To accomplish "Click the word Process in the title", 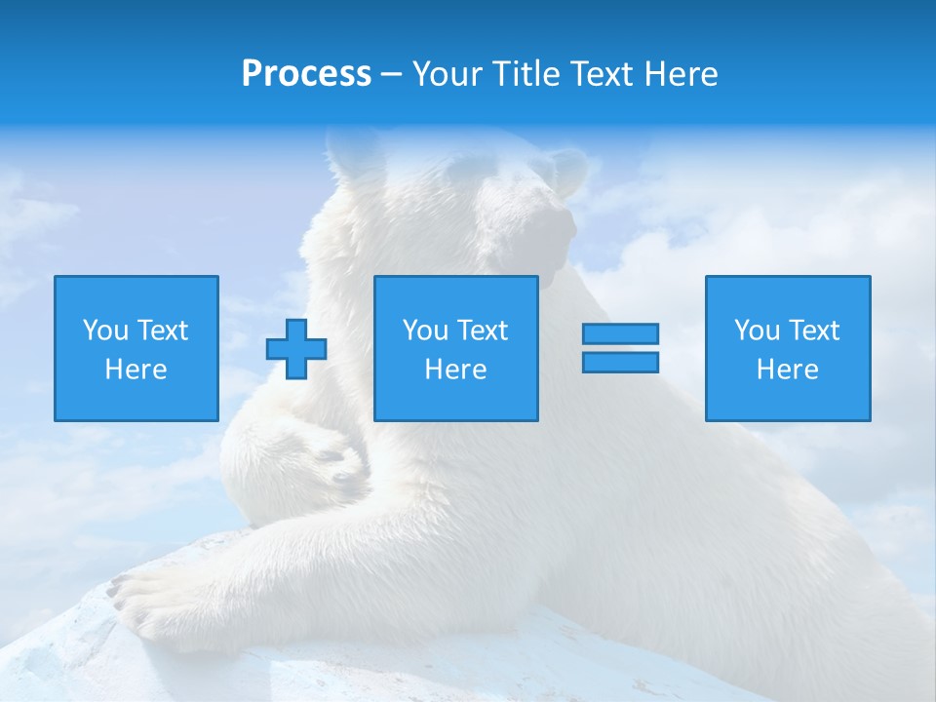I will pos(306,74).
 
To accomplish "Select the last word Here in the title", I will pos(683,74).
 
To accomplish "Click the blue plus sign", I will pos(296,348).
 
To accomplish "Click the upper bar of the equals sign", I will pos(620,333).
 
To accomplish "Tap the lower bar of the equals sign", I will pos(620,362).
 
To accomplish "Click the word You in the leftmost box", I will pos(105,331).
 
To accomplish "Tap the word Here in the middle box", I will pos(455,370).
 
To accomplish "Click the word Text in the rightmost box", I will pos(814,331).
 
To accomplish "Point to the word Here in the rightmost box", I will pos(788,370).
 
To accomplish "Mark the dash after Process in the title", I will pos(392,75).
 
